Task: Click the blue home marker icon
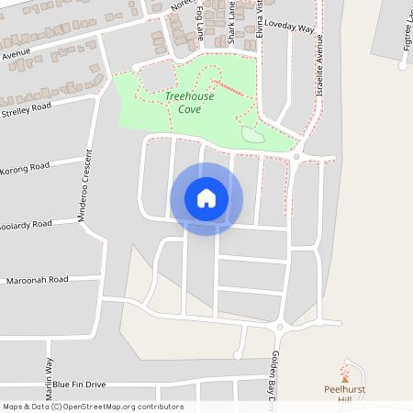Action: [x=206, y=198]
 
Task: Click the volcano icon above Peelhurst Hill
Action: [x=345, y=376]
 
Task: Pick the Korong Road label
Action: [x=25, y=169]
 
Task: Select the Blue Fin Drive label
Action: [x=79, y=384]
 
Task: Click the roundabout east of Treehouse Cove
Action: [x=296, y=157]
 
